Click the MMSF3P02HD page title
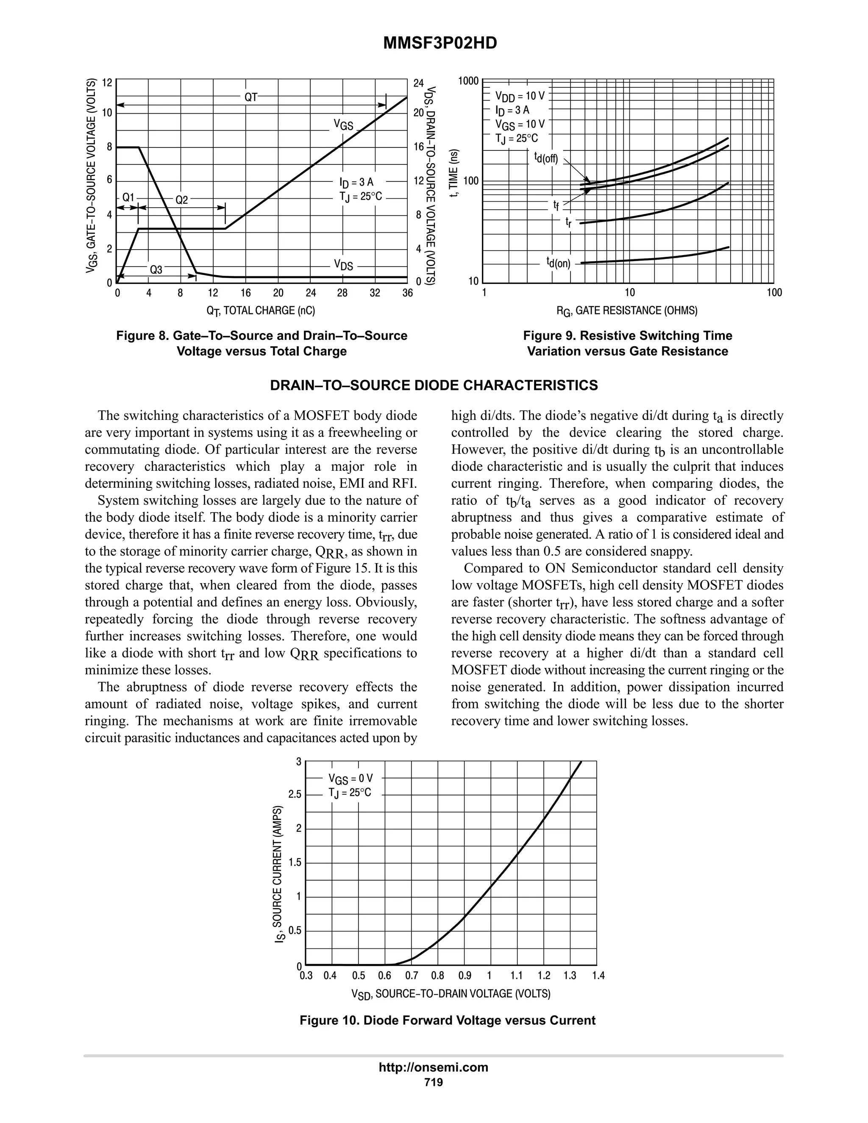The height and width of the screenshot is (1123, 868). (x=440, y=43)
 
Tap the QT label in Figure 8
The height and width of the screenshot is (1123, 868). (x=251, y=97)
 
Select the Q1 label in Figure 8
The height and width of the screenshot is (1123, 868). (x=128, y=197)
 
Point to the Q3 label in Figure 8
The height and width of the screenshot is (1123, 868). (x=156, y=270)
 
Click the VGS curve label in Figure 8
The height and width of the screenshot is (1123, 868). (x=343, y=125)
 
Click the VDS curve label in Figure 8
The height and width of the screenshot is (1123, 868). (x=343, y=265)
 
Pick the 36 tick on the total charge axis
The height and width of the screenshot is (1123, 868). (x=407, y=293)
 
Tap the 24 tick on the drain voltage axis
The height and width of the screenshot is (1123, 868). (x=419, y=83)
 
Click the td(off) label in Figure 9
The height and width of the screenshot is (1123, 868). (x=545, y=157)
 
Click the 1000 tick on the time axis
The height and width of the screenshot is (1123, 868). (x=468, y=81)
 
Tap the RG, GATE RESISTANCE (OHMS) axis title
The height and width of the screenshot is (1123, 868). (x=627, y=311)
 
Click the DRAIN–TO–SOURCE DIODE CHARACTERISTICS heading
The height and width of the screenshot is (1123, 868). (x=434, y=386)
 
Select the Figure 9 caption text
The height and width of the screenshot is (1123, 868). (x=627, y=344)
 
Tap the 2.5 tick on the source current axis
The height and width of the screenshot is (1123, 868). (x=295, y=795)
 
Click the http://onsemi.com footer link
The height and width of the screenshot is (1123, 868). (x=434, y=1067)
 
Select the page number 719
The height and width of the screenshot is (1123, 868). (x=434, y=1082)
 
